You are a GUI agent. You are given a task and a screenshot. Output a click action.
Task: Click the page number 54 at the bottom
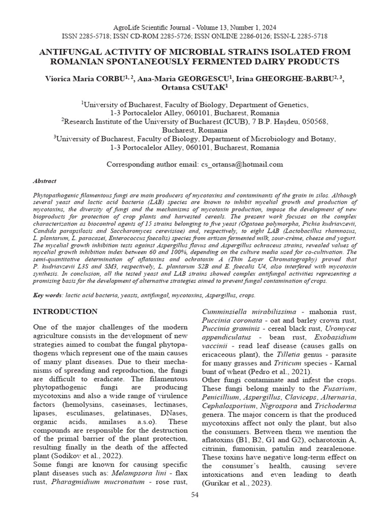coord(195,495)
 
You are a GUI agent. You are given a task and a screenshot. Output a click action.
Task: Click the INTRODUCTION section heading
coord(65,311)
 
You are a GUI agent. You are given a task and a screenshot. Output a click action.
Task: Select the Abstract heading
coord(45,181)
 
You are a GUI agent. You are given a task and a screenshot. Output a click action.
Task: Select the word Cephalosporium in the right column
coord(230,406)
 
